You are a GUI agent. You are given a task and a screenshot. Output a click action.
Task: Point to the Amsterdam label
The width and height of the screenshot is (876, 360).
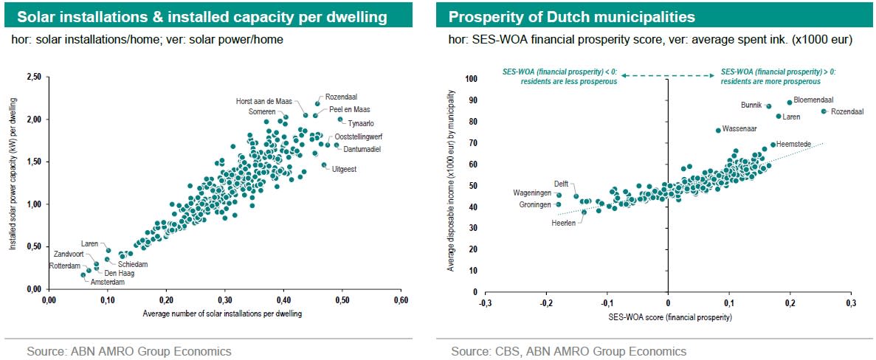[108, 282]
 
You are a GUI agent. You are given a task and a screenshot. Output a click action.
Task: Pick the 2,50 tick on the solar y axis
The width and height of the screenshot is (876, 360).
[34, 77]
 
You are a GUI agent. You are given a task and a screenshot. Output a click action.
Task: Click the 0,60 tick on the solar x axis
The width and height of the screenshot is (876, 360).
[401, 301]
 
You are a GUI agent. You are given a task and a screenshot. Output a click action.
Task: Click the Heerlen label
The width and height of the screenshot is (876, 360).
[565, 221]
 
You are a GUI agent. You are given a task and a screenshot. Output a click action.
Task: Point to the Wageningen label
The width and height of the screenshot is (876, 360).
[532, 193]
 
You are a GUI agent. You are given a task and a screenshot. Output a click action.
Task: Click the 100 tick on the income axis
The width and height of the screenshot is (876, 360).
[472, 78]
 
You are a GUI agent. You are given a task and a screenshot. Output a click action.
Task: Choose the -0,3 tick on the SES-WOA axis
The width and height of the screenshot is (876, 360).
[485, 302]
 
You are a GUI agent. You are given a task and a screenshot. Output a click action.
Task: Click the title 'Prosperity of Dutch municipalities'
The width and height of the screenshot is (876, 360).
[572, 16]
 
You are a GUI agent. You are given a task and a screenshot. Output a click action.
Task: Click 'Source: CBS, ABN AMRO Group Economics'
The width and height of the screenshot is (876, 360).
[568, 351]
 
